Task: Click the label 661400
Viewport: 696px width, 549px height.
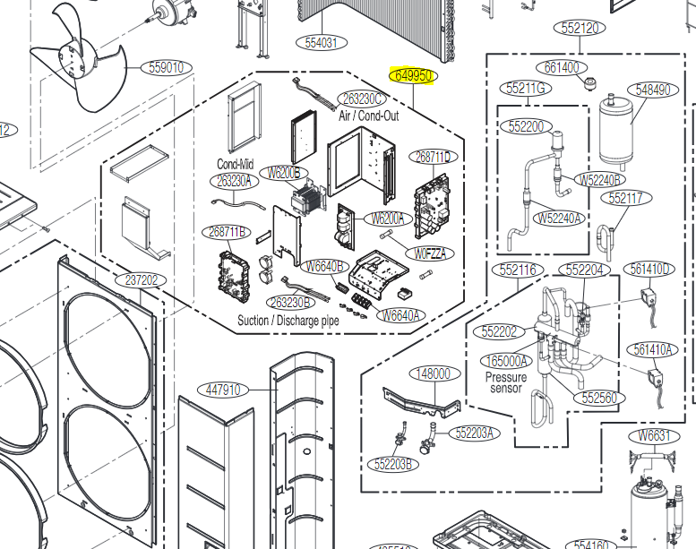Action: [562, 67]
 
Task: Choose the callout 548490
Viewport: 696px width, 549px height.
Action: [651, 90]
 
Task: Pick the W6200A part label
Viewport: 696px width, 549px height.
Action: [388, 218]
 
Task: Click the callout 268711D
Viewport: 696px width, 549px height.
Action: [434, 157]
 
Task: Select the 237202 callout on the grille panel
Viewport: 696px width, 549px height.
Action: [141, 280]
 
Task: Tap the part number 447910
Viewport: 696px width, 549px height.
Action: [222, 390]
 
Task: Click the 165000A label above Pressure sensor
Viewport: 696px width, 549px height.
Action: [506, 362]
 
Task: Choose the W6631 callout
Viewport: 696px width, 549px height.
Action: [654, 436]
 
